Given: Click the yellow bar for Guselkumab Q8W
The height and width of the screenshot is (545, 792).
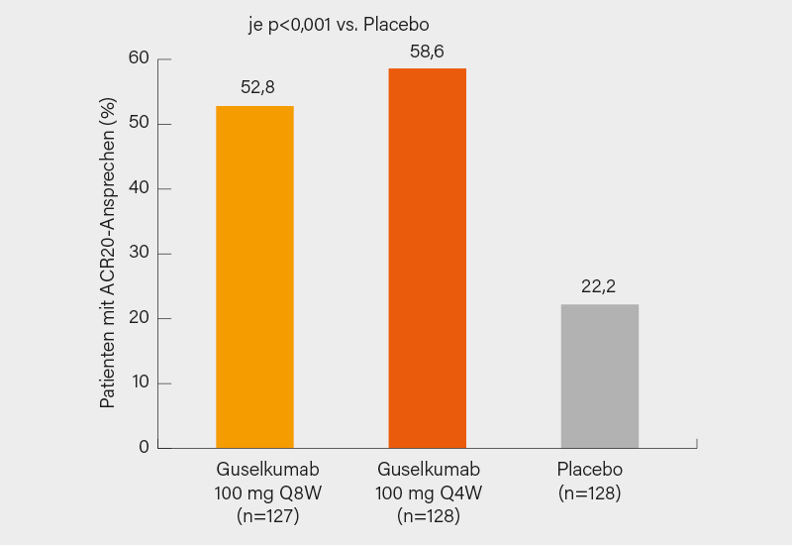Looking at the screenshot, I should (x=254, y=276).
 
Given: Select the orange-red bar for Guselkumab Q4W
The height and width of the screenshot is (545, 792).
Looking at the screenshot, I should (x=427, y=258).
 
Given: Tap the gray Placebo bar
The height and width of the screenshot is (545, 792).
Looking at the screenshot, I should (x=600, y=376).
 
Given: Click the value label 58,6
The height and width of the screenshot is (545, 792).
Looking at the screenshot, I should (x=427, y=51).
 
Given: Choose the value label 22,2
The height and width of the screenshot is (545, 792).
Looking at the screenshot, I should (x=599, y=286).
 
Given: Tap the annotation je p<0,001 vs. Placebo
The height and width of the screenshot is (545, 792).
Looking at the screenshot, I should (x=330, y=25).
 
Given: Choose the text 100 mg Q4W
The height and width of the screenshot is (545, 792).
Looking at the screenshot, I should (x=428, y=492).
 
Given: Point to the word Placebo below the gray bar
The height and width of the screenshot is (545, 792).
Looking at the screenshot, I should (x=590, y=469).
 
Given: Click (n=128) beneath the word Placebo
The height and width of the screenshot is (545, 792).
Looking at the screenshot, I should (x=590, y=492).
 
